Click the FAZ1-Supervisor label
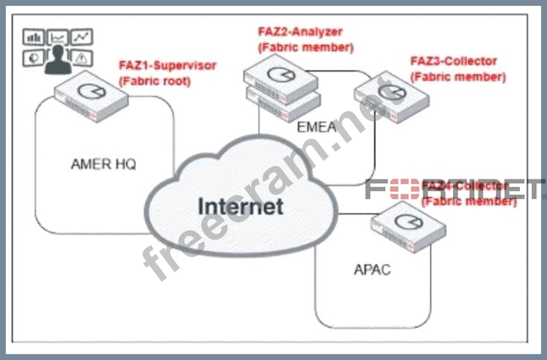168,65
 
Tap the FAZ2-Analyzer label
300,32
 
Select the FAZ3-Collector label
454,61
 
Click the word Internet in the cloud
240,206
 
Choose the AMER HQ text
104,164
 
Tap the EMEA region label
317,126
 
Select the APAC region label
372,269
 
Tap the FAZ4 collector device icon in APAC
408,223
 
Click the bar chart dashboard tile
34,38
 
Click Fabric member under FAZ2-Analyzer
306,47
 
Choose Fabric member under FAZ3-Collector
458,76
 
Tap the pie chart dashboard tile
34,58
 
